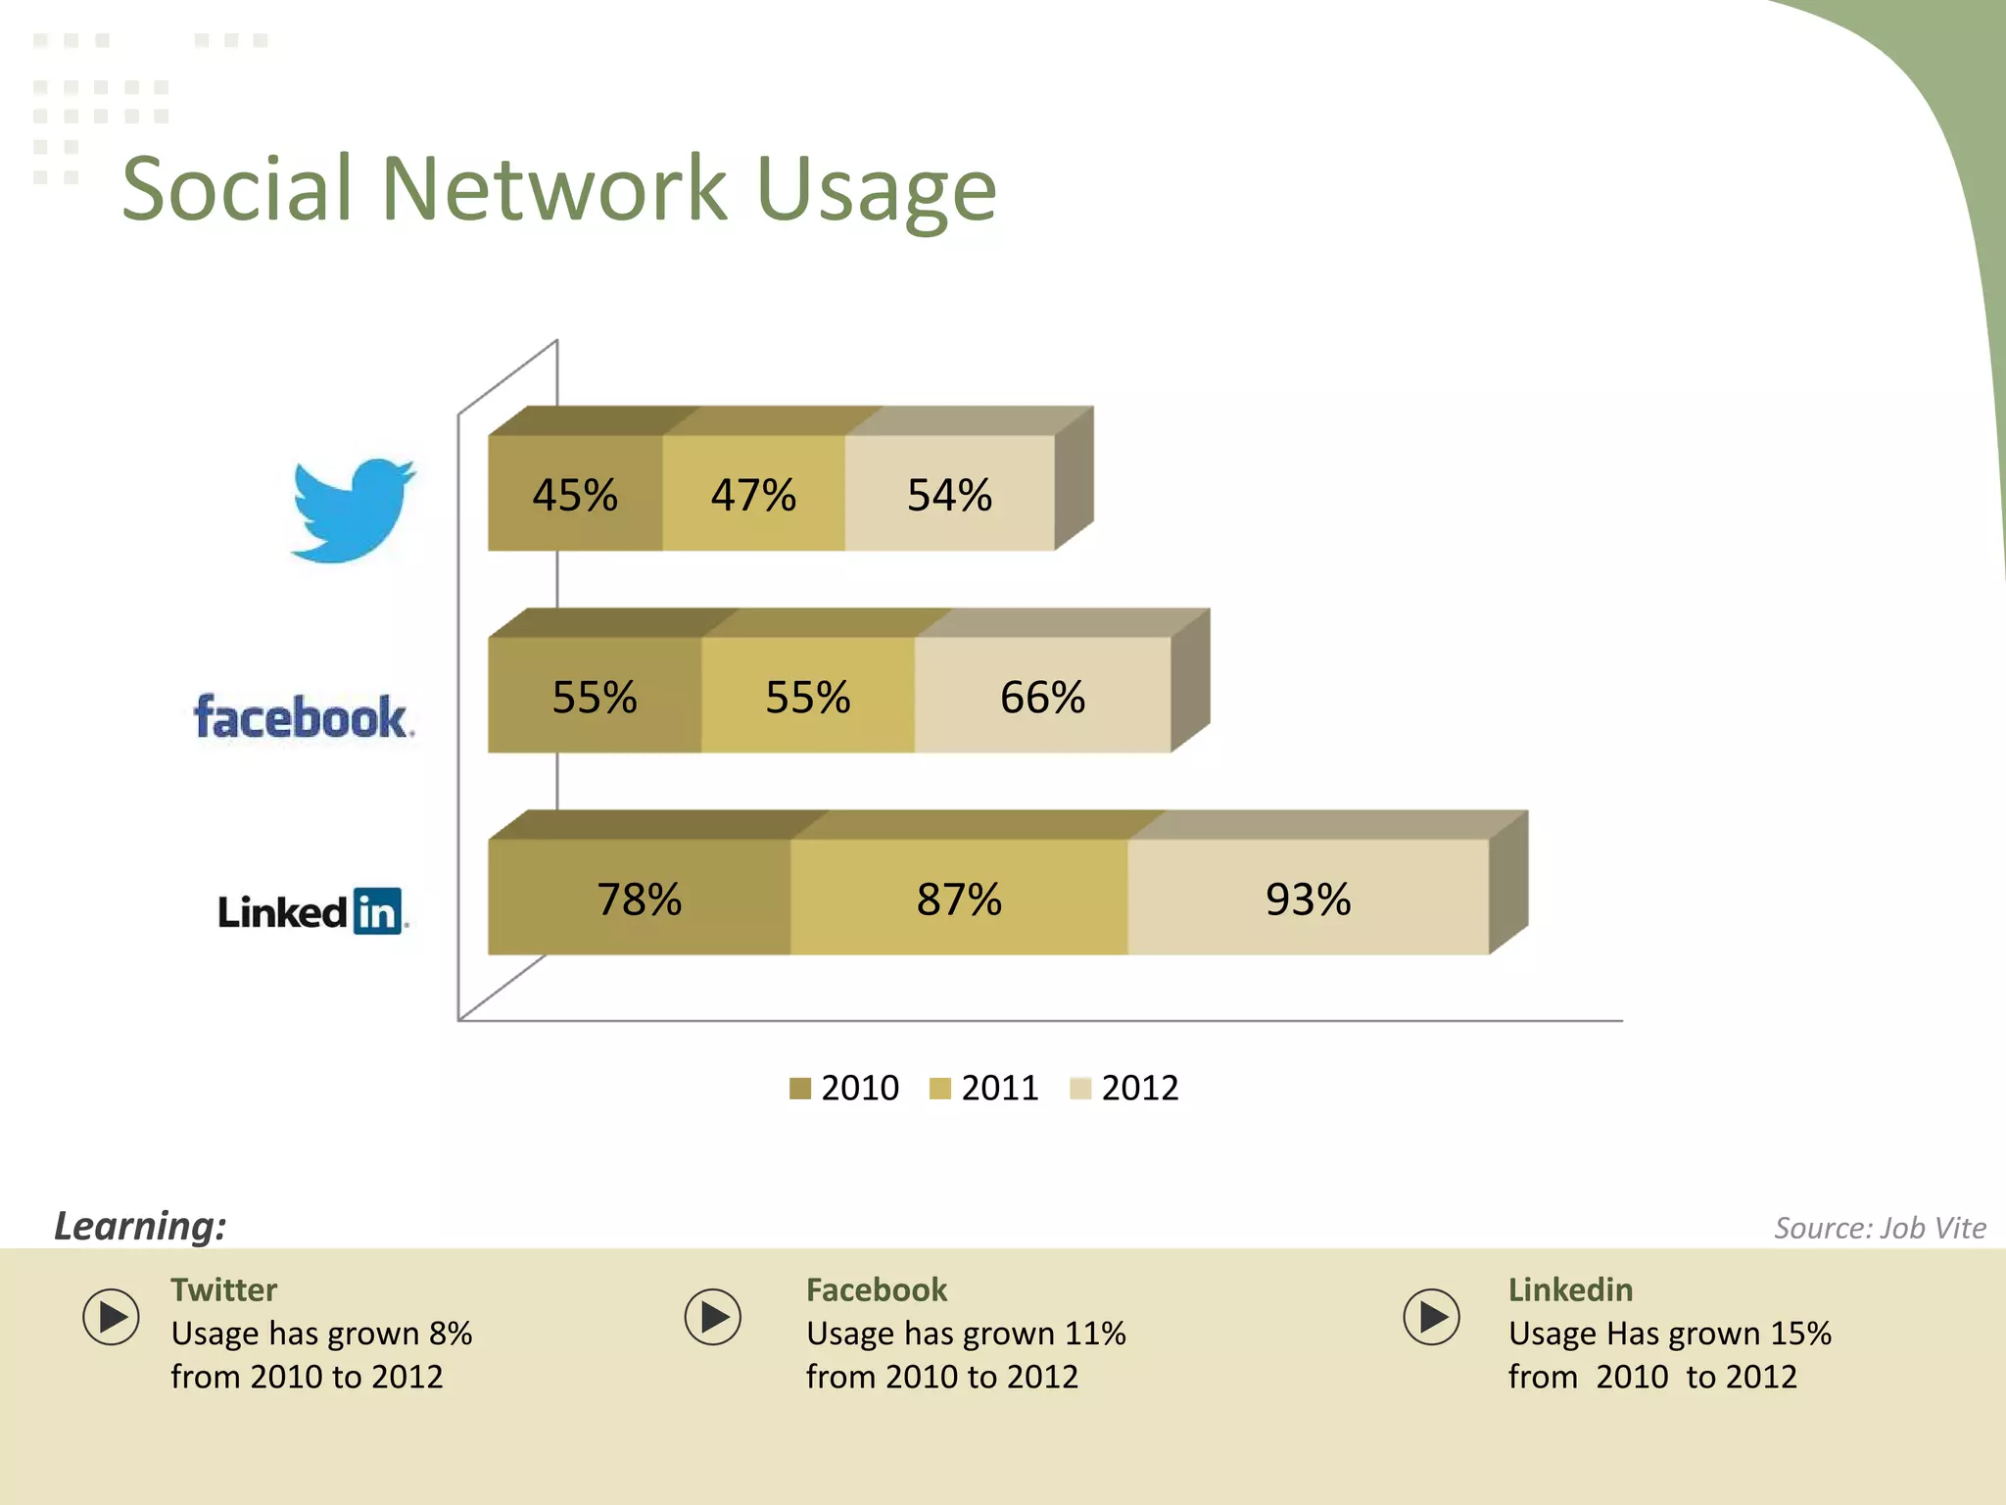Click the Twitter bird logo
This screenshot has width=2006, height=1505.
(353, 510)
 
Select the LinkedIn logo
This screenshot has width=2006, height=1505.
(310, 911)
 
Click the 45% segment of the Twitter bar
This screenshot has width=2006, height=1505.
(575, 494)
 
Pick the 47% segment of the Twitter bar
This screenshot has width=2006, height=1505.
(753, 494)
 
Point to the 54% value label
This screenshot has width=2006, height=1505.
(949, 495)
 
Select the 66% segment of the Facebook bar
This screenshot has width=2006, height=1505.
(1042, 697)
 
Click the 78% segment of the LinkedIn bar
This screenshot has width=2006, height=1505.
(639, 898)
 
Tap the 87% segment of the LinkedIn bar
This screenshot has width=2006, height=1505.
(959, 898)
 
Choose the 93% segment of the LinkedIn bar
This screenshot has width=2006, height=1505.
(1308, 898)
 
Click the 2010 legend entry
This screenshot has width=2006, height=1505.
(844, 1088)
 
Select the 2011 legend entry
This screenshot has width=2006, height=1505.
(984, 1088)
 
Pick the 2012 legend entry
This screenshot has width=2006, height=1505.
(1124, 1088)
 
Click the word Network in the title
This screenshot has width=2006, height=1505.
(553, 188)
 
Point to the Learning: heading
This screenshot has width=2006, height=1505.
(140, 1226)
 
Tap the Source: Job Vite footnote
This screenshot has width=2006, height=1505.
(1880, 1228)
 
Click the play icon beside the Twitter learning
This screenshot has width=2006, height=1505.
(112, 1316)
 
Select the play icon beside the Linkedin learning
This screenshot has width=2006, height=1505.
(1431, 1316)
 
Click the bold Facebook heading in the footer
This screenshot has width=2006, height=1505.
(877, 1289)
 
